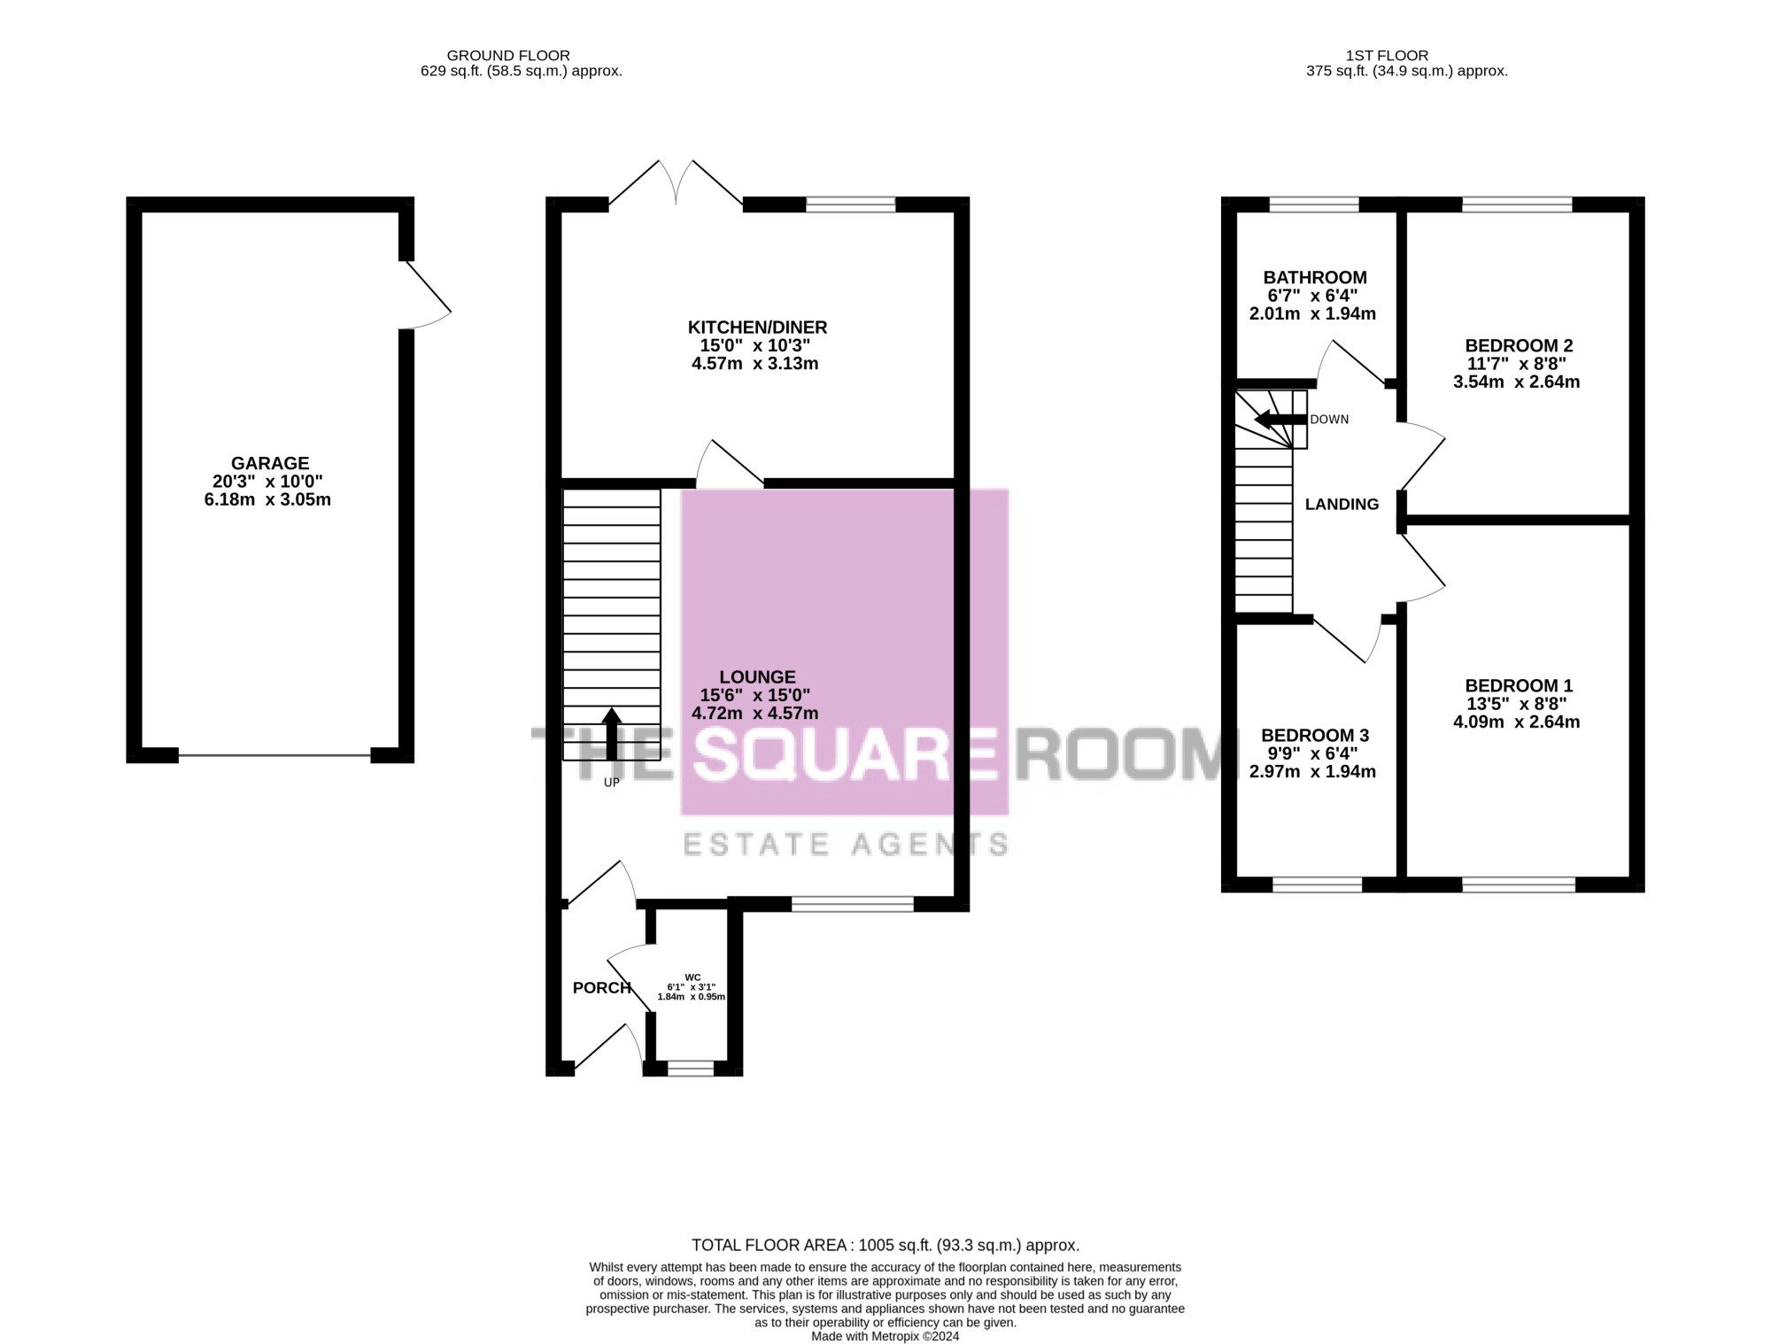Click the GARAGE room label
[x=270, y=463]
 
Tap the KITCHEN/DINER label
[x=758, y=328]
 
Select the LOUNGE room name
[x=757, y=677]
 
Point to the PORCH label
[x=602, y=988]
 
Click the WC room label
[x=692, y=977]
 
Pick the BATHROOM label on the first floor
[x=1315, y=278]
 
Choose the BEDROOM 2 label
[x=1519, y=346]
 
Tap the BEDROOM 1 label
[x=1519, y=686]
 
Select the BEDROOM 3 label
[x=1315, y=736]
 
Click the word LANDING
[x=1342, y=505]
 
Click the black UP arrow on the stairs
[x=612, y=733]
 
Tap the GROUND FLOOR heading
[x=508, y=56]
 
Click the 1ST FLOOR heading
[x=1387, y=56]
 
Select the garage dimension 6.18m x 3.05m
[x=267, y=500]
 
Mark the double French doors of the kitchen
[x=676, y=184]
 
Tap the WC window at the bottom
[x=691, y=1069]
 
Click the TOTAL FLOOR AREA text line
[x=885, y=1246]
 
